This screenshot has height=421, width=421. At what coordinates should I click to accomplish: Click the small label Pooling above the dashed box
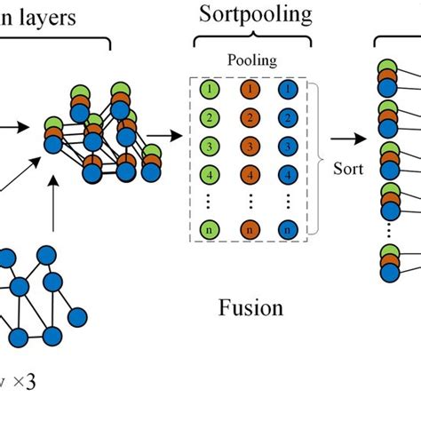[250, 62]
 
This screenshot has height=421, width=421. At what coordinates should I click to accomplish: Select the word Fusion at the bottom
[250, 308]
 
